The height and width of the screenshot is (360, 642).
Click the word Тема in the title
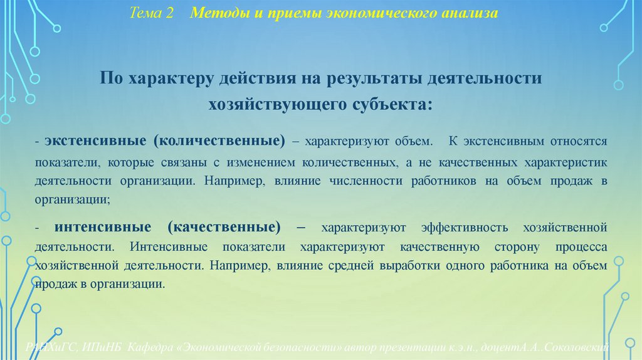tap(145, 13)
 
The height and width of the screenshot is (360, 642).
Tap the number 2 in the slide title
tap(170, 13)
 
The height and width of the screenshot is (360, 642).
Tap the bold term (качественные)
tap(224, 226)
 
